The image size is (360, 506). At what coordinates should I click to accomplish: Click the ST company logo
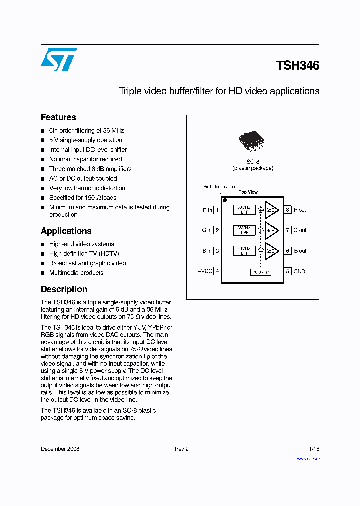point(59,59)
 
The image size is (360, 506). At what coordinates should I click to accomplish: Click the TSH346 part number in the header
point(297,65)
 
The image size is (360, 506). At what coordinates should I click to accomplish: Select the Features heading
point(58,117)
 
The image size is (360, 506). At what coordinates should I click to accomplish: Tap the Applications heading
point(66,231)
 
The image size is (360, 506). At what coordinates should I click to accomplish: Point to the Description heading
point(64,289)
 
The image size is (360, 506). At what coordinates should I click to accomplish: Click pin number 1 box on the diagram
point(217,210)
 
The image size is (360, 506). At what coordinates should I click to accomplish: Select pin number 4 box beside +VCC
point(217,271)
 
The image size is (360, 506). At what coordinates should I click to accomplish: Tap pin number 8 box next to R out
point(288,210)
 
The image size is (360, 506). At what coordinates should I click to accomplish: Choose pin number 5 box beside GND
point(288,271)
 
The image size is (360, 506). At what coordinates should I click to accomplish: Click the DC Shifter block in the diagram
point(261,272)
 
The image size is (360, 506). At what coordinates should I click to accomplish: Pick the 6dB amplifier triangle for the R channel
point(271,210)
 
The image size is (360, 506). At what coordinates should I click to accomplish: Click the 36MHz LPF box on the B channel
point(244,251)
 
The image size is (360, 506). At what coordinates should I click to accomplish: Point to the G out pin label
point(300,230)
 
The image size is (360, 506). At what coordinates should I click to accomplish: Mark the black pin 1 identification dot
point(225,200)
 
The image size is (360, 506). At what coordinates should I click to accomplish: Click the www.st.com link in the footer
point(308,459)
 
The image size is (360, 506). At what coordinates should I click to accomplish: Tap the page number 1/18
point(314,449)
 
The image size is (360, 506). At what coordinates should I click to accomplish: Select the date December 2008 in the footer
point(60,449)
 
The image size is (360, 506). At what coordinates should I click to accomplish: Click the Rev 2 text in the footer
point(181,449)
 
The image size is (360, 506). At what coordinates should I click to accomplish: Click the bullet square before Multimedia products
point(43,273)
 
